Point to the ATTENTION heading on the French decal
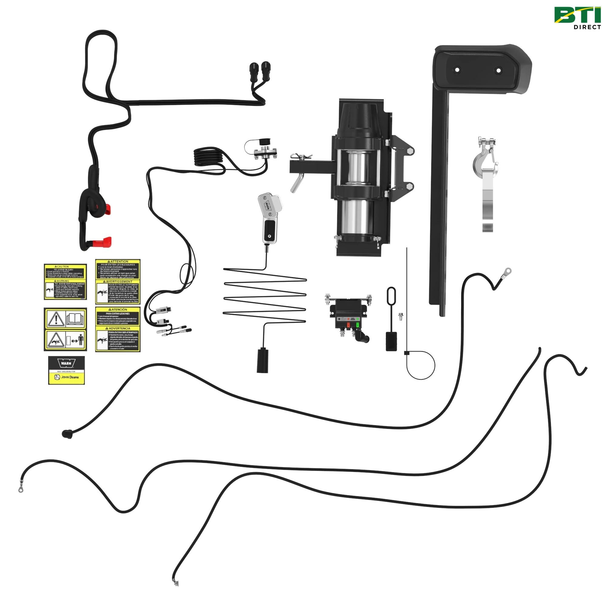pos(118,261)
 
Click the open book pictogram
pos(75,318)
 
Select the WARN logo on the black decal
pos(66,363)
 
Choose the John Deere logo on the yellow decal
pos(66,377)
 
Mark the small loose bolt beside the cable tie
pos(400,316)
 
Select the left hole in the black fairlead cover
pos(457,70)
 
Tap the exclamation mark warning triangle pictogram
pos(56,319)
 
